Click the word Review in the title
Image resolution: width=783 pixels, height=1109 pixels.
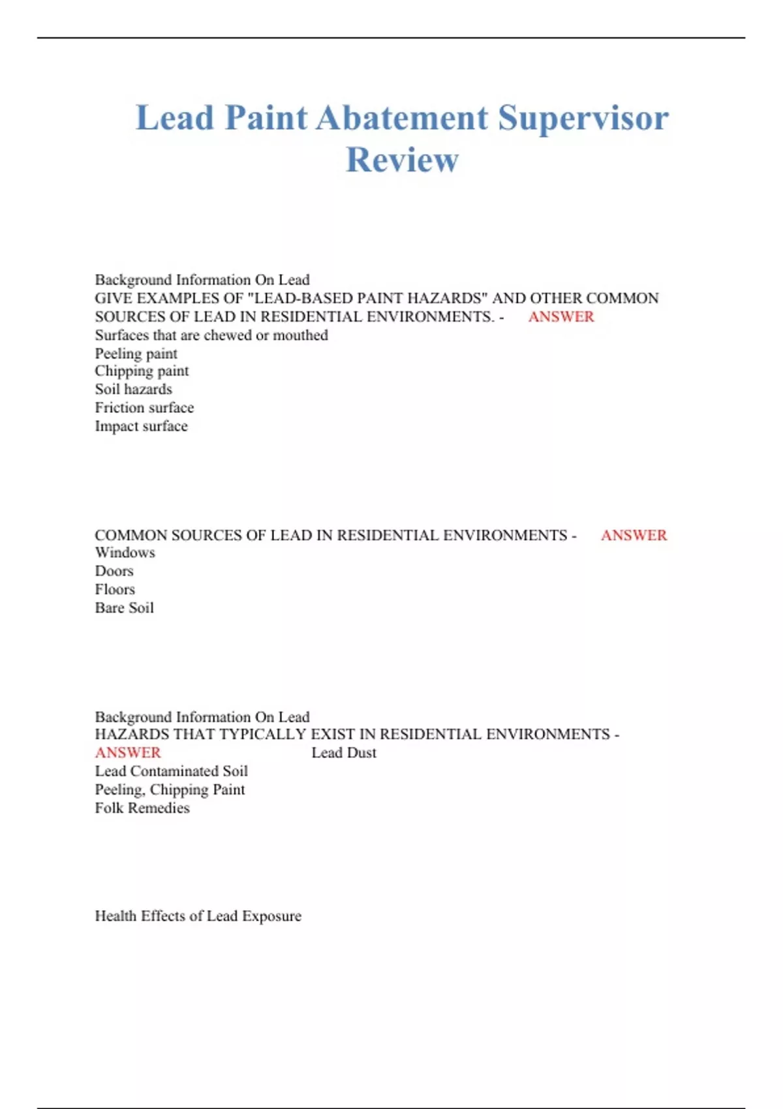[x=402, y=160]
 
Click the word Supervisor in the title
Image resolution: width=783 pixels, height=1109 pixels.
[x=583, y=119]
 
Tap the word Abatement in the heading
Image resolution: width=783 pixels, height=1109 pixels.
[x=402, y=119]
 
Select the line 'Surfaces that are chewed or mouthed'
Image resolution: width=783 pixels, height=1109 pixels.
[x=211, y=335]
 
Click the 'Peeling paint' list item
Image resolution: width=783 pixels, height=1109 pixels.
[x=136, y=354]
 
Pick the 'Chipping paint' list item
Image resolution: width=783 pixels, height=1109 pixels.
[x=142, y=371]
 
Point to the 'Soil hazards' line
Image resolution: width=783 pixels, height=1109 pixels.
[x=133, y=389]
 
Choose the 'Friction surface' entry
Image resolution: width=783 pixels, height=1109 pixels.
[x=144, y=408]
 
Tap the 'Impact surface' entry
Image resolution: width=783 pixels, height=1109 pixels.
[x=141, y=427]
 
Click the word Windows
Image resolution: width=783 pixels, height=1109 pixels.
[x=125, y=553]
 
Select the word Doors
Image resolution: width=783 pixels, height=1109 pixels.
[x=114, y=571]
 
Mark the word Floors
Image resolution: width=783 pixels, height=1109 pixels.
[x=115, y=590]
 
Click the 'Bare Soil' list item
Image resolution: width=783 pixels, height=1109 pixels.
[x=124, y=608]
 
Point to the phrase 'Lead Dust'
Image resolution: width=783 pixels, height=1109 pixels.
[x=344, y=753]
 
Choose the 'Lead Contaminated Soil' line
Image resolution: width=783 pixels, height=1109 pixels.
[x=171, y=771]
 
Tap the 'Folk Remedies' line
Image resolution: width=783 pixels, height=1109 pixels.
[x=142, y=808]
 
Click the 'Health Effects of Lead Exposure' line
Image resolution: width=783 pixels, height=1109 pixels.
[x=198, y=916]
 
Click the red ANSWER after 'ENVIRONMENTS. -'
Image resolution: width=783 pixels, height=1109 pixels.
[x=561, y=317]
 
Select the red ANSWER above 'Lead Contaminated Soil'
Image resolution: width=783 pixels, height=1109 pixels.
[x=128, y=753]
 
